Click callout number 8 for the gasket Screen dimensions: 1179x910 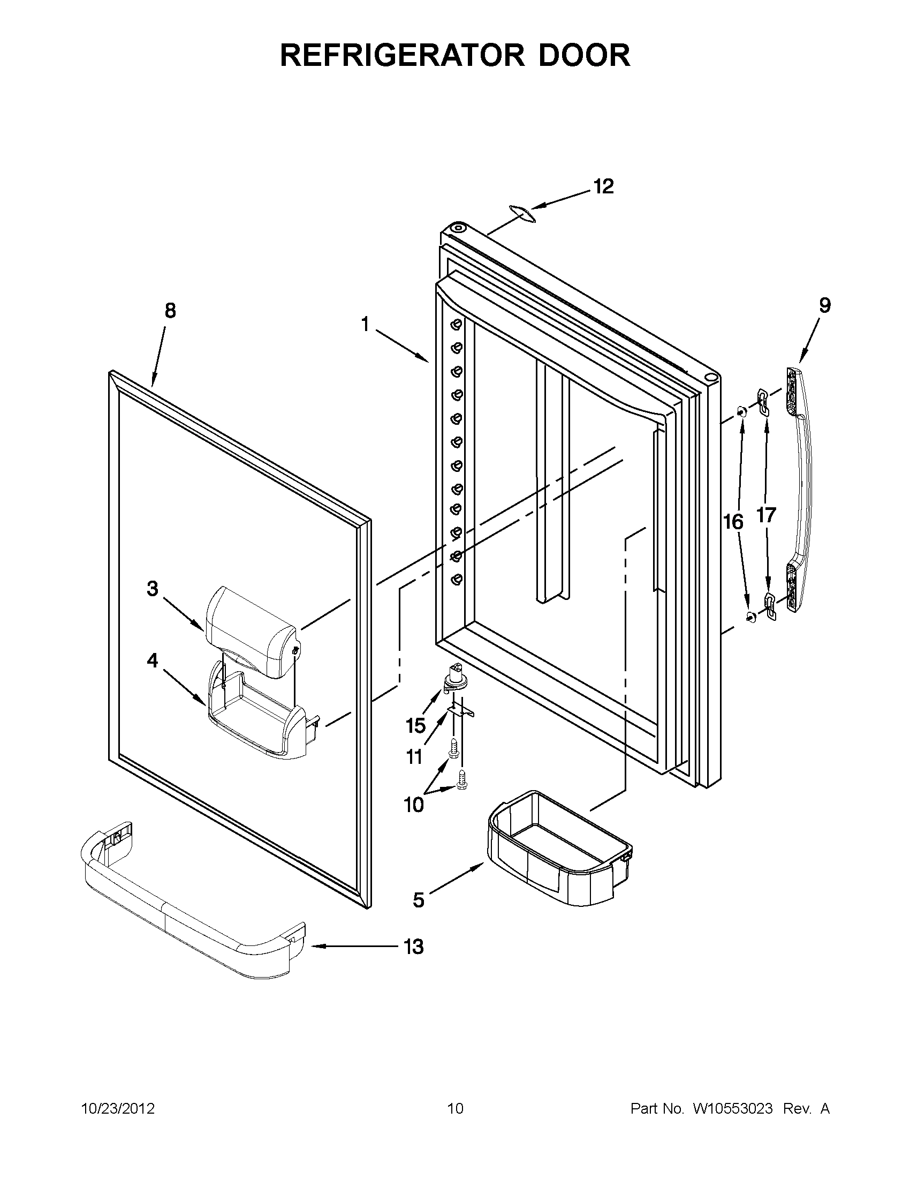[170, 311]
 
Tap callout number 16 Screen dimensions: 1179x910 [733, 522]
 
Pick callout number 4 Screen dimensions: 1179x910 [153, 660]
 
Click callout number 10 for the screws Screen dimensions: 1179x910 [414, 821]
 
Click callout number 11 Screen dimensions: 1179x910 [414, 757]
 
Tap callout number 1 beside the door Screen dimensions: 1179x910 [365, 325]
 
